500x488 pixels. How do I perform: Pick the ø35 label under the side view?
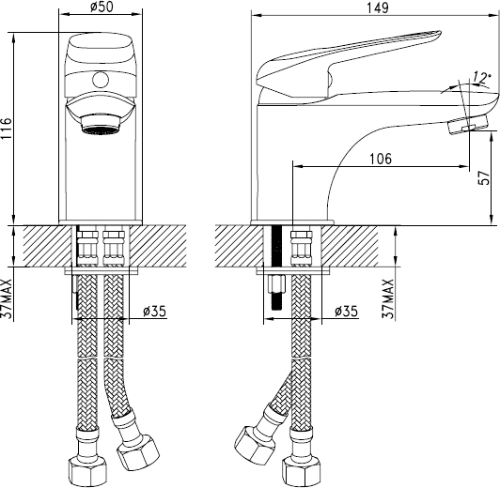[x=346, y=312]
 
